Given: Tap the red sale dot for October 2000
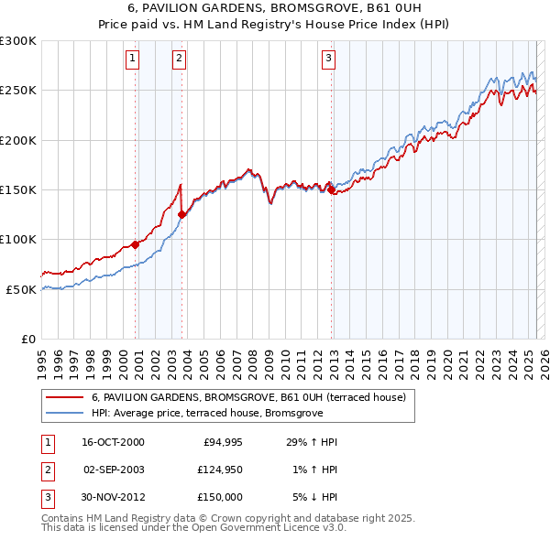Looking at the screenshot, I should coord(135,244).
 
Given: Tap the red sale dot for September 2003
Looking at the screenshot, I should coord(181,215).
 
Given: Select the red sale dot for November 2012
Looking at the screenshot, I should coord(332,190).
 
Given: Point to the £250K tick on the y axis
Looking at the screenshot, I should coord(17,91).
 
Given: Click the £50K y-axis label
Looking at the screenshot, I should coord(20,289).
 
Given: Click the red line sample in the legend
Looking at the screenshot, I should coord(63,397).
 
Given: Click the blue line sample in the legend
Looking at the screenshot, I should coord(63,413).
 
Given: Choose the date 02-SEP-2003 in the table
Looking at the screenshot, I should coord(114,470).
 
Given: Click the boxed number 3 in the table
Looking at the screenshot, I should coord(47,497).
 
